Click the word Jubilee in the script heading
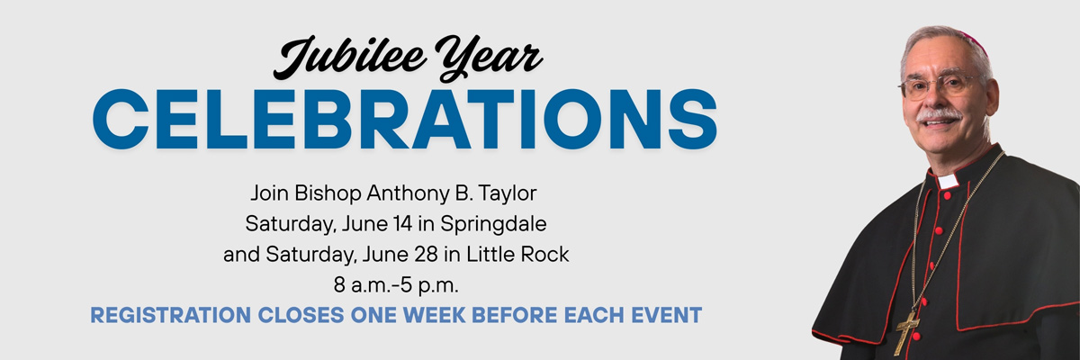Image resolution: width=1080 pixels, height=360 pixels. coord(350,58)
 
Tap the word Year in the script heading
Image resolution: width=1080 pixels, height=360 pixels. coord(489,58)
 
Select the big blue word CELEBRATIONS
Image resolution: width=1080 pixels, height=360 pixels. coord(405,119)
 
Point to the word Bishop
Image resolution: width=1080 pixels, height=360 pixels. coord(328,193)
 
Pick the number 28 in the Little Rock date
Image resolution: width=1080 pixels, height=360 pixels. coord(426,254)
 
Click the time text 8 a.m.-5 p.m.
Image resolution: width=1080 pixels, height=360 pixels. coord(396,285)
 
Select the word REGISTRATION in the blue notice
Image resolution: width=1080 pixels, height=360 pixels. coord(171,315)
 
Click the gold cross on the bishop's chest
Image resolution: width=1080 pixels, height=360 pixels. coord(906,332)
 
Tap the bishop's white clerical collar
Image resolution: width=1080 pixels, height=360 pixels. coord(948,181)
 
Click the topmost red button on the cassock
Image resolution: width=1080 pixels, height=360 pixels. coord(947,196)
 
